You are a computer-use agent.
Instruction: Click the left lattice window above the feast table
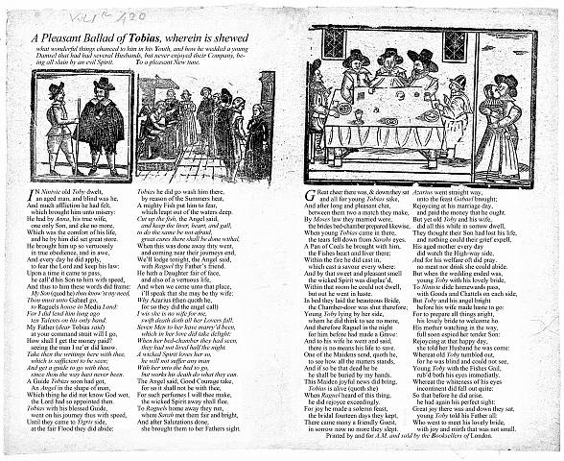pos(334,44)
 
